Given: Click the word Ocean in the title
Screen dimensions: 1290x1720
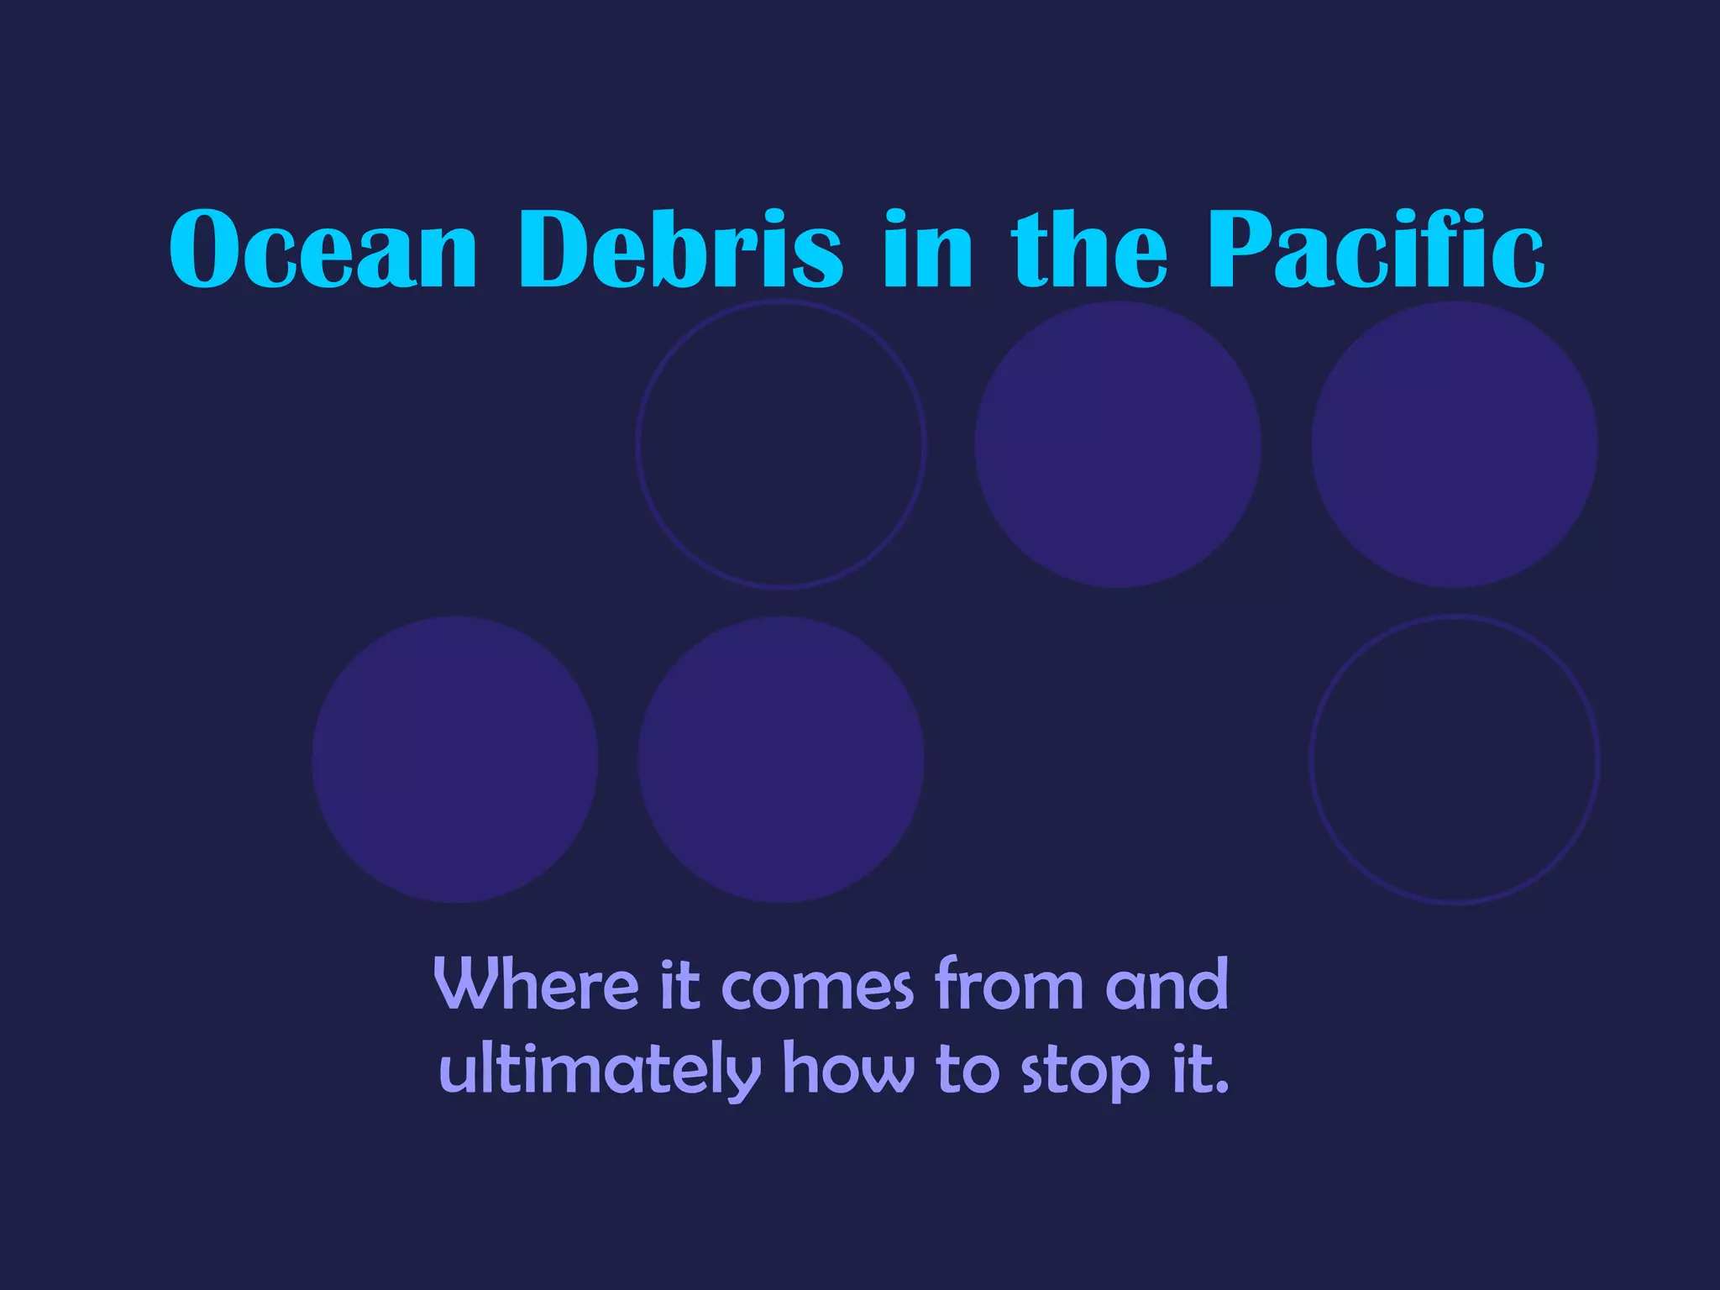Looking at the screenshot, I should (323, 249).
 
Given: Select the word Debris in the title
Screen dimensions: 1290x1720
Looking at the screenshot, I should (681, 249).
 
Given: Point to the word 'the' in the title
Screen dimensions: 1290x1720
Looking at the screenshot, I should (1089, 249).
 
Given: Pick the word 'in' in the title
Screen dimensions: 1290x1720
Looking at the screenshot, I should (927, 249).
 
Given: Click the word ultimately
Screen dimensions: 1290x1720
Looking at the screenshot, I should (600, 1070).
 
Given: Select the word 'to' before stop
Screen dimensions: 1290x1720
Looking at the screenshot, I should (967, 1070).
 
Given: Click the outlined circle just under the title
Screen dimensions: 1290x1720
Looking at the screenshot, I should (781, 444).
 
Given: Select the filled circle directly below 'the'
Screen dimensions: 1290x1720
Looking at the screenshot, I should (1118, 444).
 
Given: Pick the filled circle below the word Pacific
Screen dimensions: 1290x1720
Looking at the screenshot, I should (1455, 444).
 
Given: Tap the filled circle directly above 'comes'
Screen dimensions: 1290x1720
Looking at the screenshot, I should (781, 760).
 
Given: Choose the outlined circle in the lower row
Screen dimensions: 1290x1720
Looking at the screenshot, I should (1455, 760).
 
